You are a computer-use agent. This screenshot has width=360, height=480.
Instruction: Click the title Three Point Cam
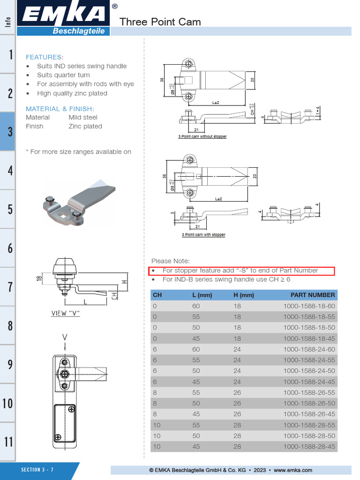click(x=160, y=22)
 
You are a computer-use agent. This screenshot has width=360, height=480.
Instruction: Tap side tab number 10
click(x=8, y=403)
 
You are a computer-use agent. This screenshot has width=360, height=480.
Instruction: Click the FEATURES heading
click(x=44, y=57)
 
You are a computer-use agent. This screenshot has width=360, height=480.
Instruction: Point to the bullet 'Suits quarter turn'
click(x=63, y=75)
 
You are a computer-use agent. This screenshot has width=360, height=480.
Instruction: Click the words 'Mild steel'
click(x=83, y=117)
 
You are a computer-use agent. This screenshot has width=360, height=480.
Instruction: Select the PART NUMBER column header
click(x=313, y=295)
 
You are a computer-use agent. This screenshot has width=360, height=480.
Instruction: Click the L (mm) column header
click(x=202, y=295)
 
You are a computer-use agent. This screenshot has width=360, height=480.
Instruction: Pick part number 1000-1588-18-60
click(x=309, y=306)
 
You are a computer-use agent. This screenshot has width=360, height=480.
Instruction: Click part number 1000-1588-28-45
click(x=309, y=447)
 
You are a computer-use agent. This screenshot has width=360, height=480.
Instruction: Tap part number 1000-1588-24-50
click(x=309, y=371)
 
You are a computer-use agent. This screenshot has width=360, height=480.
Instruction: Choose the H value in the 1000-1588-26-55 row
click(x=237, y=393)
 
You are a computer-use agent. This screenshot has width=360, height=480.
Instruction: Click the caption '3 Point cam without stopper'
click(x=202, y=136)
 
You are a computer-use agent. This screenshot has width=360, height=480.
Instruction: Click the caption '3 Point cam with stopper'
click(x=203, y=234)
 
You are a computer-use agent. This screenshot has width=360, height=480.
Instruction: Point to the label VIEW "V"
click(x=65, y=313)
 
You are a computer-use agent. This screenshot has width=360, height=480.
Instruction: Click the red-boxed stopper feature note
click(x=241, y=270)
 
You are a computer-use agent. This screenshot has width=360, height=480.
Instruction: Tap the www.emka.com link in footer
click(x=293, y=470)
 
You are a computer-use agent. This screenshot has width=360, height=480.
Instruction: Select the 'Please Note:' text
click(x=171, y=261)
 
